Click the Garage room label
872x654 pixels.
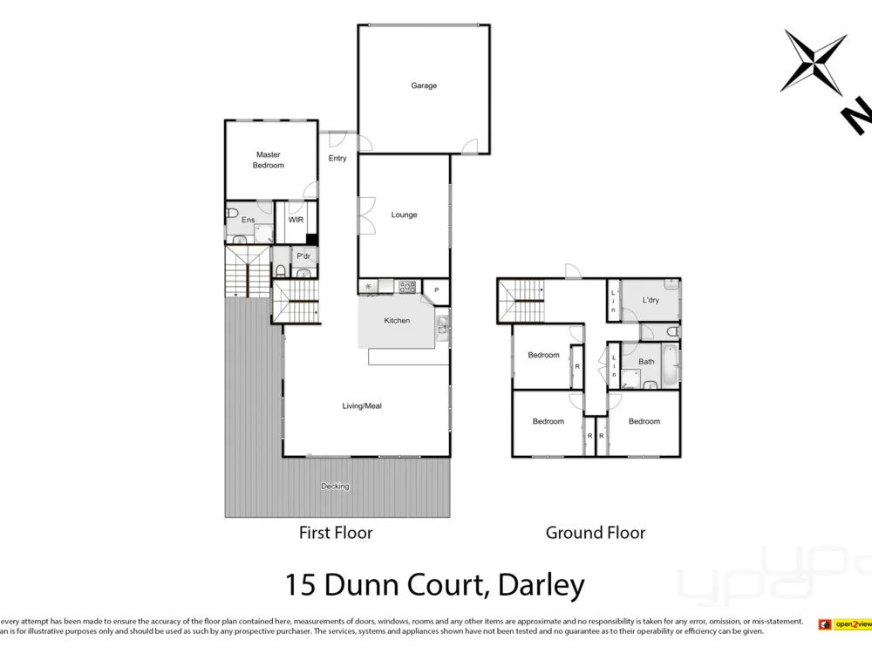click(x=424, y=85)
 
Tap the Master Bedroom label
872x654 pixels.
click(x=269, y=160)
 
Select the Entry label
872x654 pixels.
click(x=337, y=158)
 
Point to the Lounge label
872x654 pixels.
click(x=405, y=215)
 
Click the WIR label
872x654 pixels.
click(x=296, y=220)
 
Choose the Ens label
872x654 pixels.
click(x=249, y=220)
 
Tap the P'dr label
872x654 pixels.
click(x=303, y=255)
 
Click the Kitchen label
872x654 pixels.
click(x=397, y=320)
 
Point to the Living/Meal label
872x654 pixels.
click(x=361, y=405)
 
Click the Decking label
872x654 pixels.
click(x=335, y=486)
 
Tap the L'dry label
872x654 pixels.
click(x=651, y=300)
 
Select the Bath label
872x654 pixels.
click(x=646, y=361)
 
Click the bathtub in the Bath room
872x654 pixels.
click(x=671, y=364)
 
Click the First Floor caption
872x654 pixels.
click(x=336, y=532)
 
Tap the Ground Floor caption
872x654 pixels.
click(x=596, y=532)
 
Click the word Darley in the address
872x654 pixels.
click(x=541, y=584)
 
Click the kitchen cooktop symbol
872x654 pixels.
click(x=406, y=285)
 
